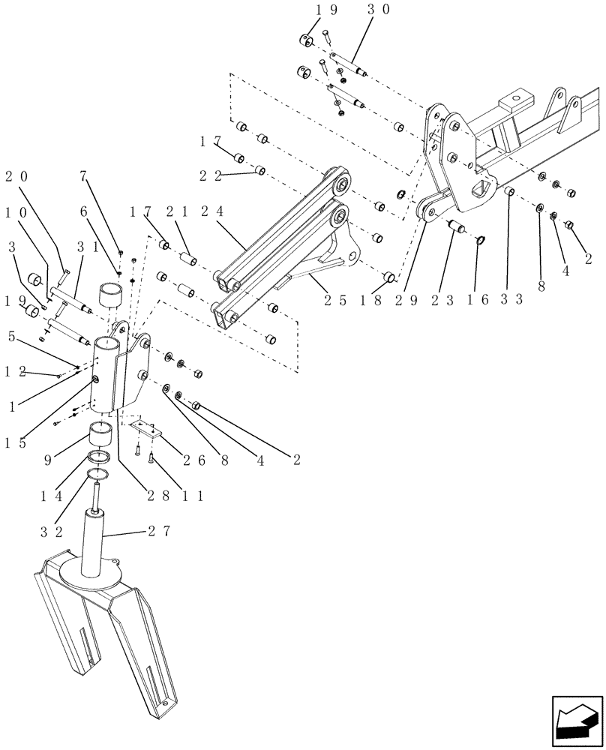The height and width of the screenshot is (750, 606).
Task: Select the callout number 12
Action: tap(15, 371)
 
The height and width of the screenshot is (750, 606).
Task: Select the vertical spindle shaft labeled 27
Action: tap(96, 544)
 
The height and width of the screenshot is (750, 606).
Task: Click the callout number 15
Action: tap(15, 442)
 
